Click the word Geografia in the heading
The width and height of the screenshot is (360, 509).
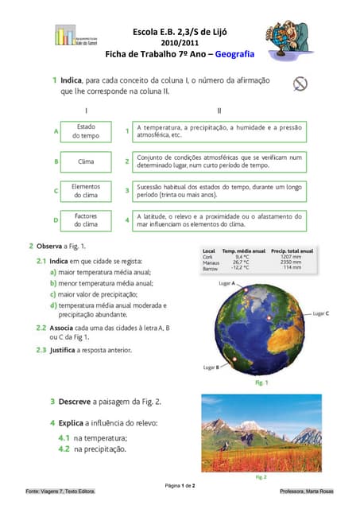(x=233, y=54)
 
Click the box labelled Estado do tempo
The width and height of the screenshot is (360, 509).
(x=86, y=131)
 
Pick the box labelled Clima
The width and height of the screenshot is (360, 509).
(x=86, y=161)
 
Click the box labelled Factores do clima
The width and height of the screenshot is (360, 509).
(x=86, y=220)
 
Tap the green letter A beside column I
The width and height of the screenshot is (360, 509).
(x=56, y=131)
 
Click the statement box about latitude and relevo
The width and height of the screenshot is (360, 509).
(x=219, y=220)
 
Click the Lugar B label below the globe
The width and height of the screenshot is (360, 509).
(x=211, y=367)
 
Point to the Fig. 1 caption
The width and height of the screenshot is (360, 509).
(x=261, y=383)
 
